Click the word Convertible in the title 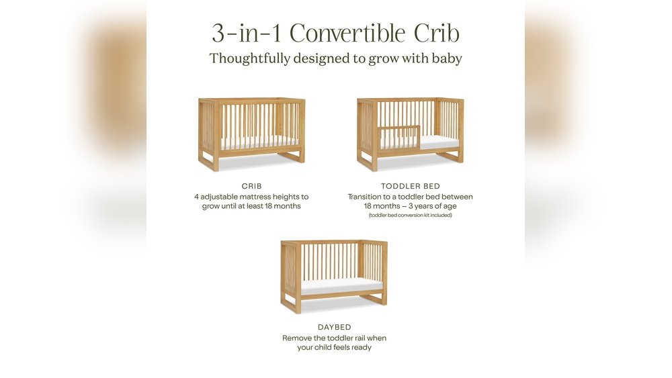(347, 33)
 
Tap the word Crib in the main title (437, 33)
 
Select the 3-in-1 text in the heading (247, 33)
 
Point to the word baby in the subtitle (447, 58)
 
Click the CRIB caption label (251, 186)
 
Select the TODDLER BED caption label (411, 186)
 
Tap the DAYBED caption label (334, 327)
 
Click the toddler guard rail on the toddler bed (399, 138)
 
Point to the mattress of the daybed (341, 285)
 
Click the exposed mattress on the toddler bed (439, 142)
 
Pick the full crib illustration (251, 134)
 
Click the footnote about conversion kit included (410, 216)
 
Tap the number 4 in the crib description (197, 197)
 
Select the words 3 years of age (432, 206)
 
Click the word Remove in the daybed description (296, 338)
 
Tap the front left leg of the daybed (298, 303)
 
